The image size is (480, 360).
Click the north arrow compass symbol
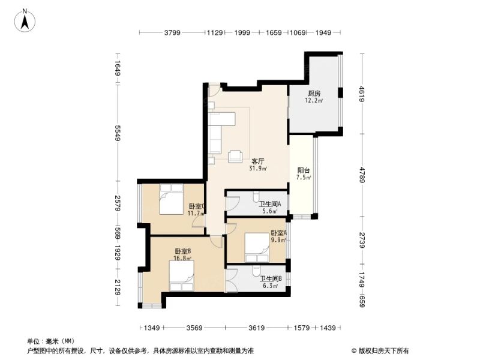point(25,20)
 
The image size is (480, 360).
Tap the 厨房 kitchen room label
point(314,94)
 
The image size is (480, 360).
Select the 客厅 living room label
point(258,161)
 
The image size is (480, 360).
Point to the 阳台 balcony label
point(304,170)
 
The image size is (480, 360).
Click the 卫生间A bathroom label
point(271,204)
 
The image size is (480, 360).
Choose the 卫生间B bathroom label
point(271,279)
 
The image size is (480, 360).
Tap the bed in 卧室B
point(182,275)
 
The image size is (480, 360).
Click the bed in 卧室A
point(257,248)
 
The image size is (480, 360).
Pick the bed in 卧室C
point(171,199)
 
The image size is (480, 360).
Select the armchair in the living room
point(235,157)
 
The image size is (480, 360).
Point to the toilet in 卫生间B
point(257,270)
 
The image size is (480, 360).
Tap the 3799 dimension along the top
point(172,32)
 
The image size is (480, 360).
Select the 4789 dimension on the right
point(362,175)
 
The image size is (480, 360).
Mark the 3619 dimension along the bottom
point(257,328)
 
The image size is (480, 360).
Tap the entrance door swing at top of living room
point(214,91)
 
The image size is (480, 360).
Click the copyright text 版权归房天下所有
point(380,350)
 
